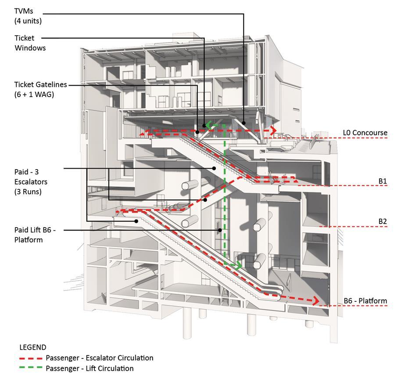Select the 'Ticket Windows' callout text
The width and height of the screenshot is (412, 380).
click(x=30, y=43)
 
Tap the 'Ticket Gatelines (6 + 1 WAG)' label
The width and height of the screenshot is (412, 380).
click(x=40, y=89)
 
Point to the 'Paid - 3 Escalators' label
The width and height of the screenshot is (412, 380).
click(x=31, y=181)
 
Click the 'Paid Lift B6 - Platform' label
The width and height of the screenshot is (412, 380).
click(x=35, y=235)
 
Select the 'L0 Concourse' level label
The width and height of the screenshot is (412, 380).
click(x=365, y=133)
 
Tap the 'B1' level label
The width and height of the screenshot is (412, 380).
click(x=383, y=181)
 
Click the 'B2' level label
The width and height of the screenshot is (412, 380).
click(x=383, y=221)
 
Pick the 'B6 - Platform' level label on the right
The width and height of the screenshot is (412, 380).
click(x=365, y=301)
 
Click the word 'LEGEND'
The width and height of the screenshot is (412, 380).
click(x=33, y=347)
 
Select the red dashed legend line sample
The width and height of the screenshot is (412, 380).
click(x=31, y=358)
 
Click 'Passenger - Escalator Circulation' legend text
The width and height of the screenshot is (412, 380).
click(x=100, y=358)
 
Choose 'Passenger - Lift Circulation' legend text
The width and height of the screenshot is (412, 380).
click(x=90, y=369)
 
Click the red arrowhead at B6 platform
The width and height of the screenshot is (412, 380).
click(x=315, y=301)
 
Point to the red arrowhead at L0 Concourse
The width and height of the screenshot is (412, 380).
click(x=273, y=130)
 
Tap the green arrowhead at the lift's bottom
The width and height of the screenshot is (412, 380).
click(x=238, y=265)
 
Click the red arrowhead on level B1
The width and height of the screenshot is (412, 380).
click(x=295, y=180)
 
